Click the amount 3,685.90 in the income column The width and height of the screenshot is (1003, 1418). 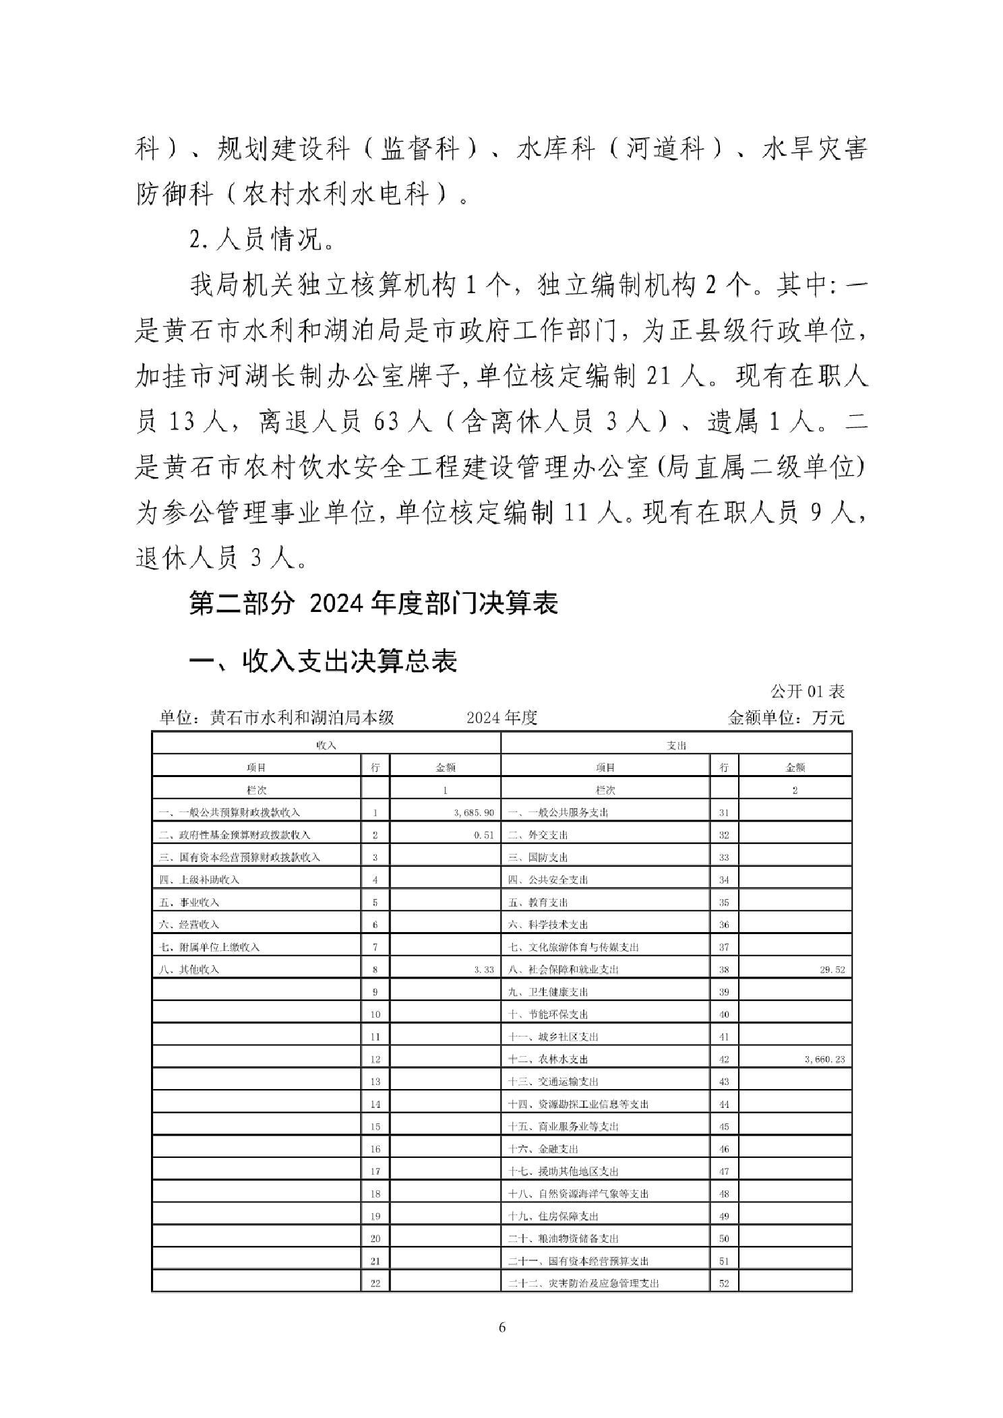(474, 813)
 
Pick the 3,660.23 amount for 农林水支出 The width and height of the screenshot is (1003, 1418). (824, 1059)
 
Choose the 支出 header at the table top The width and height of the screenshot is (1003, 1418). (676, 745)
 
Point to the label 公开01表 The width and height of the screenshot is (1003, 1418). (807, 691)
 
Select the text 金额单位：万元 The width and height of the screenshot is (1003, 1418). (785, 718)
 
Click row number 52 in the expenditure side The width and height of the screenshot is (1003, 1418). (724, 1283)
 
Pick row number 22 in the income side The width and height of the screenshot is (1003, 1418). (375, 1283)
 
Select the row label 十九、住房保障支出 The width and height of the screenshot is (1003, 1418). (553, 1216)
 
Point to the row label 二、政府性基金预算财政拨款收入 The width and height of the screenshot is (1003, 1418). (235, 835)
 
